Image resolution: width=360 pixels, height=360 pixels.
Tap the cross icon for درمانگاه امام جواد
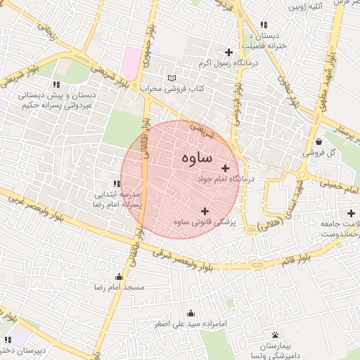click(226, 168)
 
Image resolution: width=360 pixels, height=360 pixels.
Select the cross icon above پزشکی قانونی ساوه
click(205, 211)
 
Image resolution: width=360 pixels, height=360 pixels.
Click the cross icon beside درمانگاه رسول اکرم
click(228, 51)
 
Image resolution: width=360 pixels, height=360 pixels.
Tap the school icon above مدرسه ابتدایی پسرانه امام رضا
click(117, 184)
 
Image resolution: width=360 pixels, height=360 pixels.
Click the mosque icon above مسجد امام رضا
click(119, 276)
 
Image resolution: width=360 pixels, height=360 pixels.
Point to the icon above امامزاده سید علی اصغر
click(191, 314)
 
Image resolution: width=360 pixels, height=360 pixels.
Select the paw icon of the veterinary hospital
click(275, 335)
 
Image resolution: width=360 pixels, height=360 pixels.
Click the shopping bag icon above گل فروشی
click(320, 141)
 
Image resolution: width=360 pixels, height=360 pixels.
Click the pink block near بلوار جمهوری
click(131, 63)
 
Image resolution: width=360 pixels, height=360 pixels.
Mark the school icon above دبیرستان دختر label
click(9, 339)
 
